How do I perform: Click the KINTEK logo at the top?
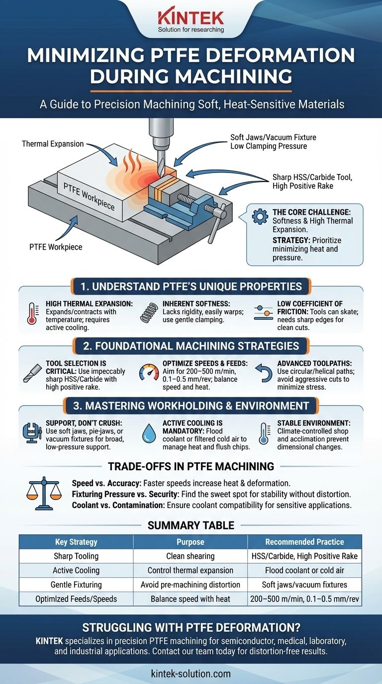(191, 21)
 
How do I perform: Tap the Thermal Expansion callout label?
(53, 144)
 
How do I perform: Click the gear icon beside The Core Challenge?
(260, 216)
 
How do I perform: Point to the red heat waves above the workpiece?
(131, 159)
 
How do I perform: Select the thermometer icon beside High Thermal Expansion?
(32, 313)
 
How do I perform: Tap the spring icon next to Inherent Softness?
(148, 313)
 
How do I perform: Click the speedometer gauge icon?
(149, 372)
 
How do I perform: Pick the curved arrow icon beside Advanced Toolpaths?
(264, 373)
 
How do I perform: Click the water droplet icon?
(149, 432)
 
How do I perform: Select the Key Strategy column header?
(76, 542)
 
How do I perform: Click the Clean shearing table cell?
(191, 556)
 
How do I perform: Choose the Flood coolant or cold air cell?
(305, 570)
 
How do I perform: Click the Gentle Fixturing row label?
(76, 585)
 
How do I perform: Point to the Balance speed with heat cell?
(191, 599)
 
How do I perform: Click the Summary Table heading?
(191, 525)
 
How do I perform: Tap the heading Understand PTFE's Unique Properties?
(191, 286)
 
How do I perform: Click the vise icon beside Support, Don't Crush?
(32, 432)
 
